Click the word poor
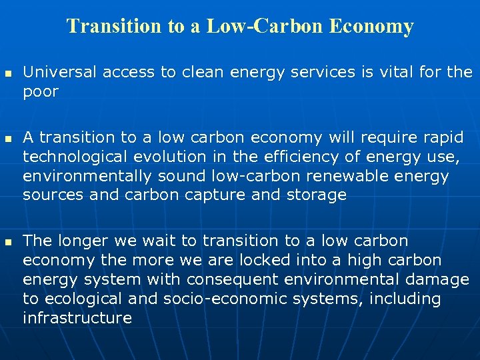41,91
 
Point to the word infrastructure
77,317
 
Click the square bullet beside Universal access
8,71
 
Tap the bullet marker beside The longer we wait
8,240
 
